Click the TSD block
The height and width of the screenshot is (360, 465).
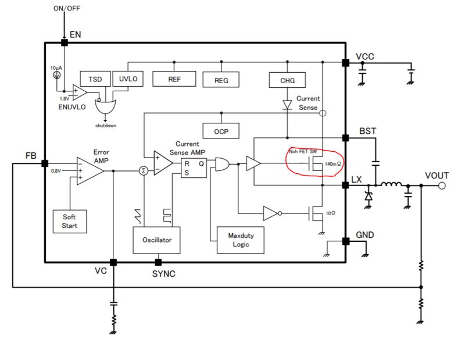95,79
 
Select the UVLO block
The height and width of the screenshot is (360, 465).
128,79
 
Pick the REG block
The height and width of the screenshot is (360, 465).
221,80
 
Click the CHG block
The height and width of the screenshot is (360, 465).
287,80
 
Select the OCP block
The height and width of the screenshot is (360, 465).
221,131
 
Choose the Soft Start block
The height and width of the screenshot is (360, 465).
69,221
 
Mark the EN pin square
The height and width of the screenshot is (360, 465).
63,42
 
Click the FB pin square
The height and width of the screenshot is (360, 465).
45,164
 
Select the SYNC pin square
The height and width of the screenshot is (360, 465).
158,262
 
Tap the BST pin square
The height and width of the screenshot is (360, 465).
345,138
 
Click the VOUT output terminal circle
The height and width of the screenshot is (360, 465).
442,186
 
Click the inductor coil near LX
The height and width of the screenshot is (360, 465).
391,185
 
